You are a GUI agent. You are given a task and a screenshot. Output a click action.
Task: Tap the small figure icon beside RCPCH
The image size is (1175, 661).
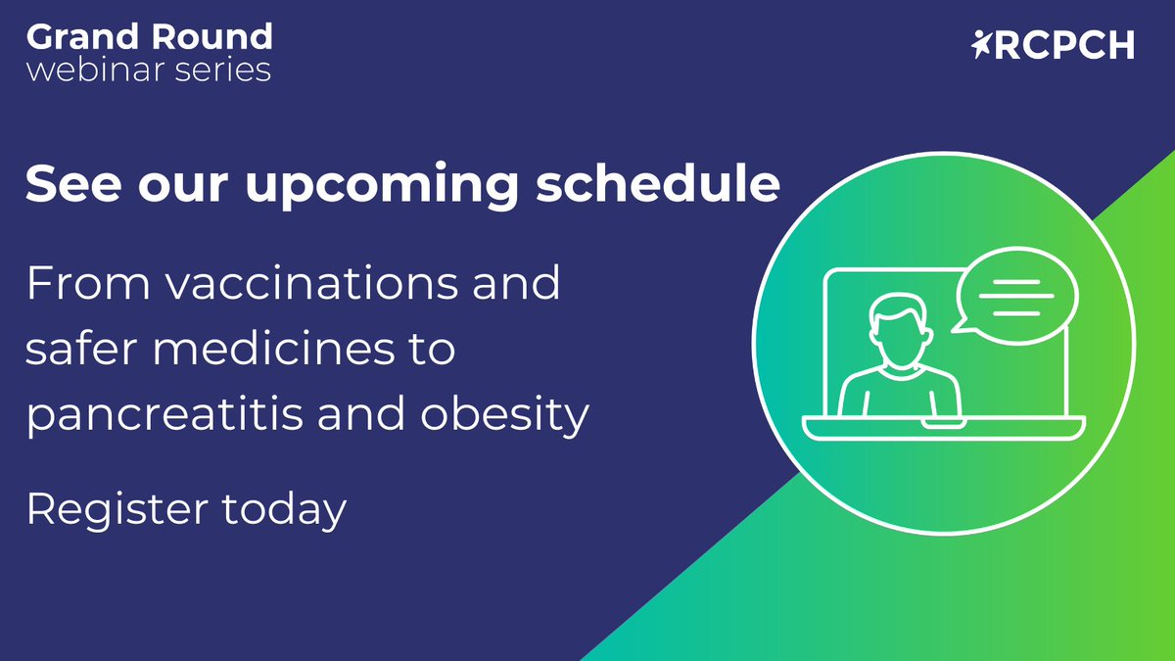tap(982, 44)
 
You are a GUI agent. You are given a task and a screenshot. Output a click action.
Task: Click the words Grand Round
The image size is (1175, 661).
tap(149, 36)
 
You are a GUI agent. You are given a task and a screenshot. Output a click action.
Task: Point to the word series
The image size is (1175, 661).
tap(225, 71)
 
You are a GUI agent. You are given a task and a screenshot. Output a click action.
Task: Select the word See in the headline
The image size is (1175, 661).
tap(70, 183)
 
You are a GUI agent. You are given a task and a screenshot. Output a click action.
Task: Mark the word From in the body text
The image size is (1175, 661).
tap(83, 283)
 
